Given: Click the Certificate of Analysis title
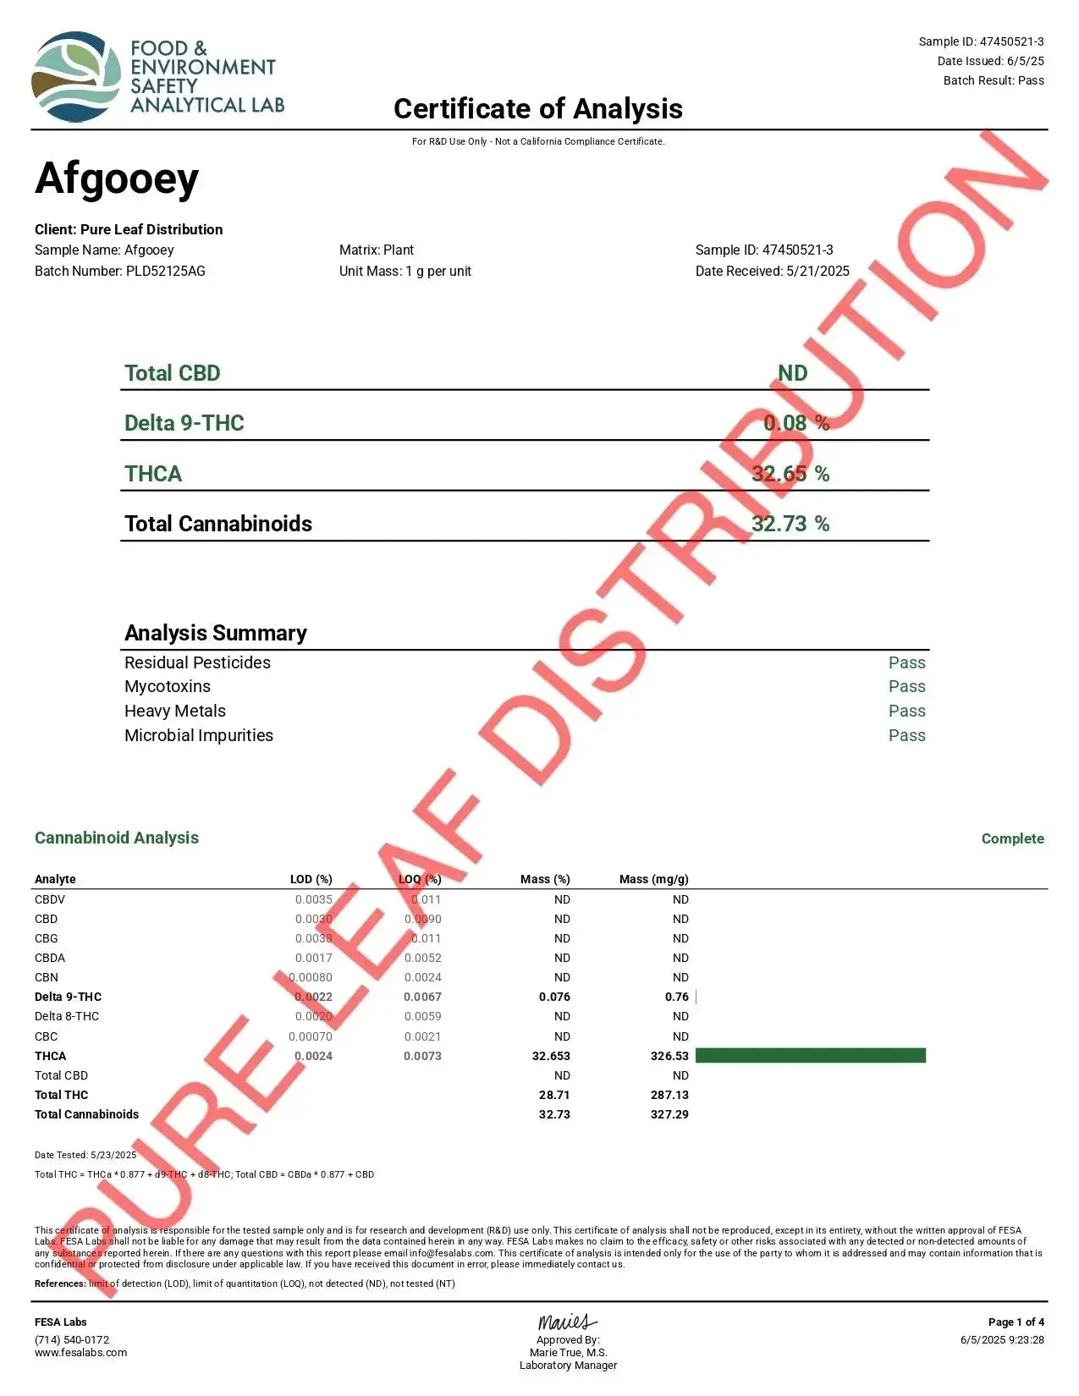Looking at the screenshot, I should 538,108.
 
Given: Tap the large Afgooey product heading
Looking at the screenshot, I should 117,179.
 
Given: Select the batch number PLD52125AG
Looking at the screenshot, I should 166,271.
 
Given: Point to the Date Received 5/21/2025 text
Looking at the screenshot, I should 772,271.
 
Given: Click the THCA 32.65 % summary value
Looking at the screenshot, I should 790,474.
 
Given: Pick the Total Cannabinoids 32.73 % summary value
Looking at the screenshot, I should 790,524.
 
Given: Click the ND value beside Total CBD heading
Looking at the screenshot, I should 793,373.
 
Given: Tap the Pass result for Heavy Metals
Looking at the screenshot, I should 906,711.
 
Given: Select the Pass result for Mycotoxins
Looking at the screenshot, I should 906,686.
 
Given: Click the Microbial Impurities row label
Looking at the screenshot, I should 199,735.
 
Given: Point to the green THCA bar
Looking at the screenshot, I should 810,1055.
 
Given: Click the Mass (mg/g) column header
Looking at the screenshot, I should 653,879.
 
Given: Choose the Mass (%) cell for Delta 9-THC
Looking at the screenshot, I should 554,997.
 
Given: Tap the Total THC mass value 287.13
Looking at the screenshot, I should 669,1095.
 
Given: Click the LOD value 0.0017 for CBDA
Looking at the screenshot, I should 313,958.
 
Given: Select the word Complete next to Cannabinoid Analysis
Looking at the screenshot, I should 1012,838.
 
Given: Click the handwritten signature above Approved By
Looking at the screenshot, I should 567,1322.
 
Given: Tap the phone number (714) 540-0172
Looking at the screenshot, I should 72,1339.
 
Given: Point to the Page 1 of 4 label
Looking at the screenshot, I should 1016,1322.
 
